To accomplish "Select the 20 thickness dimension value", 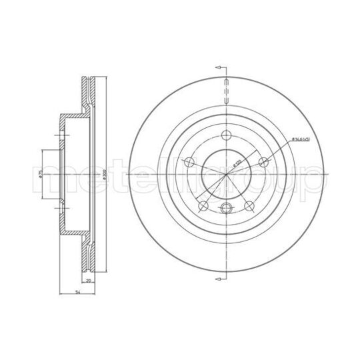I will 88,281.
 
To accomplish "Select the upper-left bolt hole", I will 189,161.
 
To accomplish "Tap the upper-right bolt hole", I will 265,161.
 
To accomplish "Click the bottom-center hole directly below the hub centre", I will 227,207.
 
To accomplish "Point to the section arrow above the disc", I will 221,67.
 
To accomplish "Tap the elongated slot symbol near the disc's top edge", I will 227,93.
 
